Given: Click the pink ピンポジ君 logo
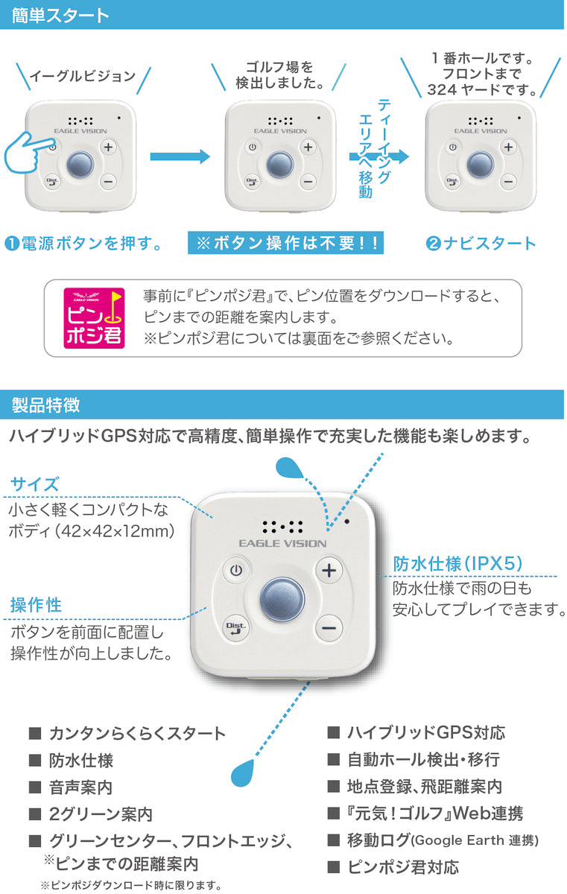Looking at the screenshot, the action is [94, 318].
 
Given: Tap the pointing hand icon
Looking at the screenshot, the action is [28, 153].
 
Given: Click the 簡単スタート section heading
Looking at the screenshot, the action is [60, 16].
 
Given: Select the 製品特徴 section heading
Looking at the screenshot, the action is [45, 405].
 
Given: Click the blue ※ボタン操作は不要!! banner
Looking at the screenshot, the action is [285, 243].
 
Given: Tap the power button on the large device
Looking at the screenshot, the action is [236, 571].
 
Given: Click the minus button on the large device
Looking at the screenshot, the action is [329, 628].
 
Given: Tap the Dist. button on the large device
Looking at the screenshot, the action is [236, 628].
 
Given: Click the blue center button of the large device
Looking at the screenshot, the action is [282, 599].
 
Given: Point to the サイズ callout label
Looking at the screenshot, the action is [35, 484].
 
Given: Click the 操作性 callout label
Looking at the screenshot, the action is [36, 605].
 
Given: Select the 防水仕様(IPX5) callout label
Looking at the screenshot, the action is [457, 564].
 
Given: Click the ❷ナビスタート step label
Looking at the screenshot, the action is [481, 243].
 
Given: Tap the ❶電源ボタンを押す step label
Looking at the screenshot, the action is [83, 243].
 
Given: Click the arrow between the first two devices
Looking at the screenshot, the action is [180, 156].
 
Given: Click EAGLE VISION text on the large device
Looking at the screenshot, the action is [282, 543].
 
